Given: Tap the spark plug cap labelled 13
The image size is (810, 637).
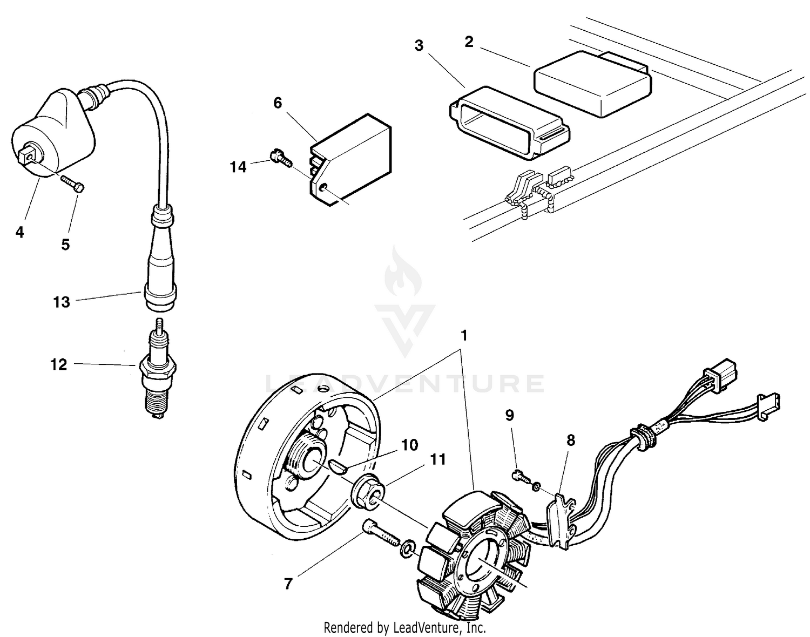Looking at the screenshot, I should tap(161, 265).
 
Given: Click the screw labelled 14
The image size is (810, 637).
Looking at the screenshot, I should tap(281, 158).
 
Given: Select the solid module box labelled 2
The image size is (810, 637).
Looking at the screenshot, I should tap(593, 84).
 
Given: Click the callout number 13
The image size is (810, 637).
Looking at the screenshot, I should tap(62, 302).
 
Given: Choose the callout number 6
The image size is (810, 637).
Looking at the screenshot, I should tap(278, 103).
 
